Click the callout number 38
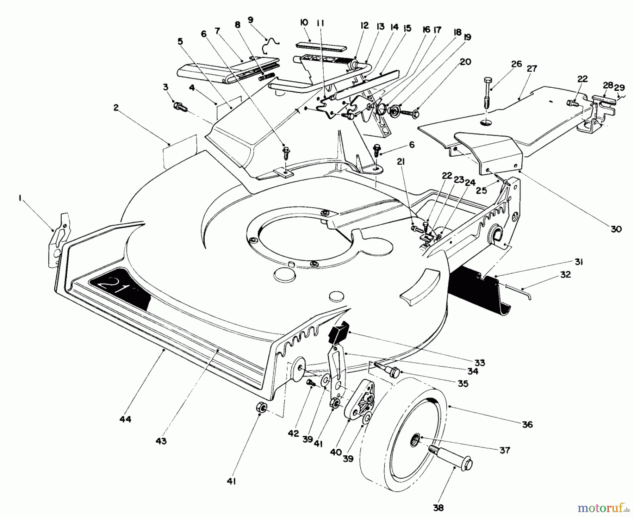pos(439,507)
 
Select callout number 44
pos(125,419)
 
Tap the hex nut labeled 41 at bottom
pos(261,409)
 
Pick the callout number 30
pos(616,229)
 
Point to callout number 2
pos(116,108)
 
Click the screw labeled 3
pos(179,106)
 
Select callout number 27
pos(532,68)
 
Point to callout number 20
pos(465,62)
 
